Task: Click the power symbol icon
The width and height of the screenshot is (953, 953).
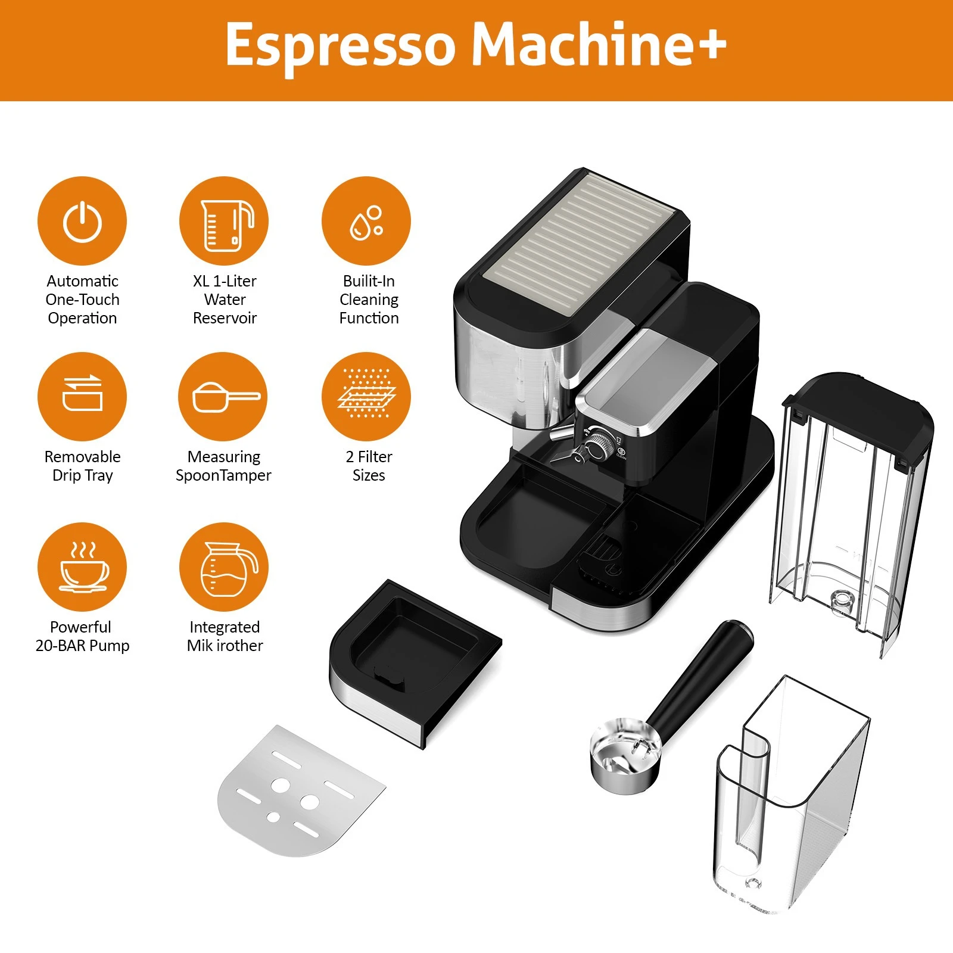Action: point(82,222)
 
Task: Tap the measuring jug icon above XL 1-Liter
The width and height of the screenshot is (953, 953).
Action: point(225,224)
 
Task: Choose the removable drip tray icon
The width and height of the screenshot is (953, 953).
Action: point(82,394)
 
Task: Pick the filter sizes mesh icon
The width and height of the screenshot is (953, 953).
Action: point(366,394)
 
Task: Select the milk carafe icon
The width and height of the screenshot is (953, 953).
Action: point(225,569)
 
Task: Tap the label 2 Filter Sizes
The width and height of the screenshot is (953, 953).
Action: point(369,466)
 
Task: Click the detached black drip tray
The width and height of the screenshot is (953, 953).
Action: point(411,655)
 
